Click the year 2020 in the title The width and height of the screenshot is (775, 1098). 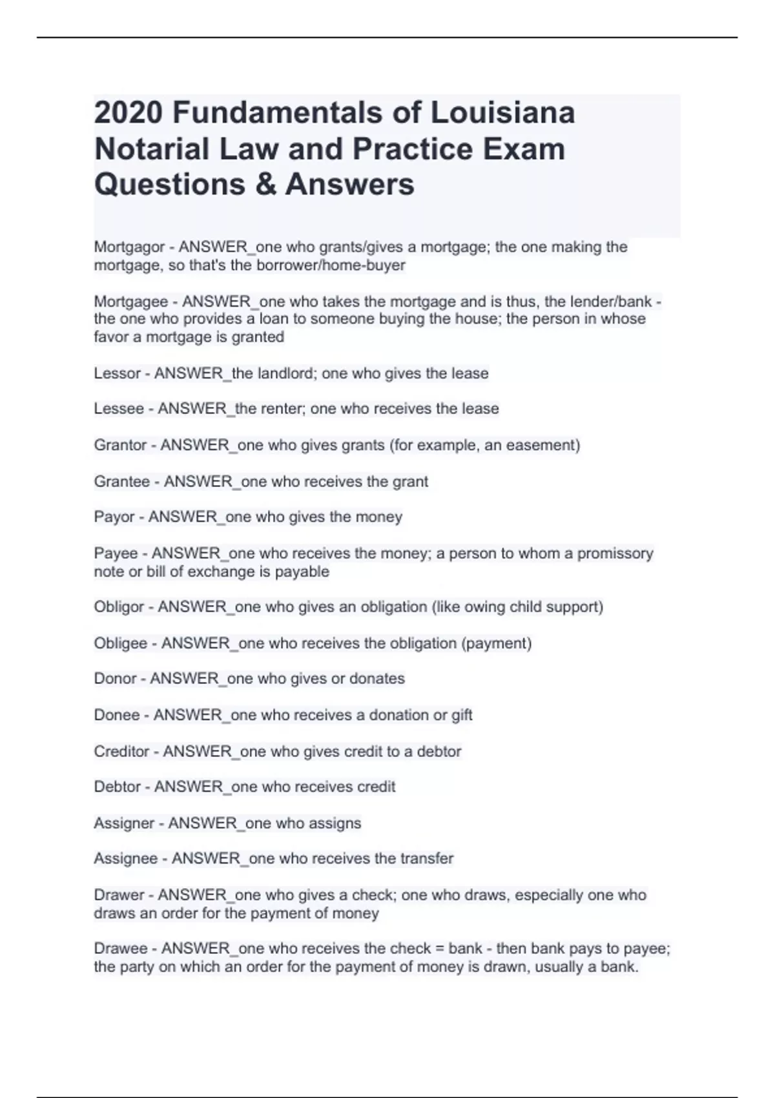pos(129,113)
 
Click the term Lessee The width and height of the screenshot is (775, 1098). pos(119,409)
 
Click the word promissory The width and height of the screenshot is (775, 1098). pos(615,554)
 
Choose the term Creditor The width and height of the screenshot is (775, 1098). pos(121,752)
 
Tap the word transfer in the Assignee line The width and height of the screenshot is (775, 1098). pos(427,859)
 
